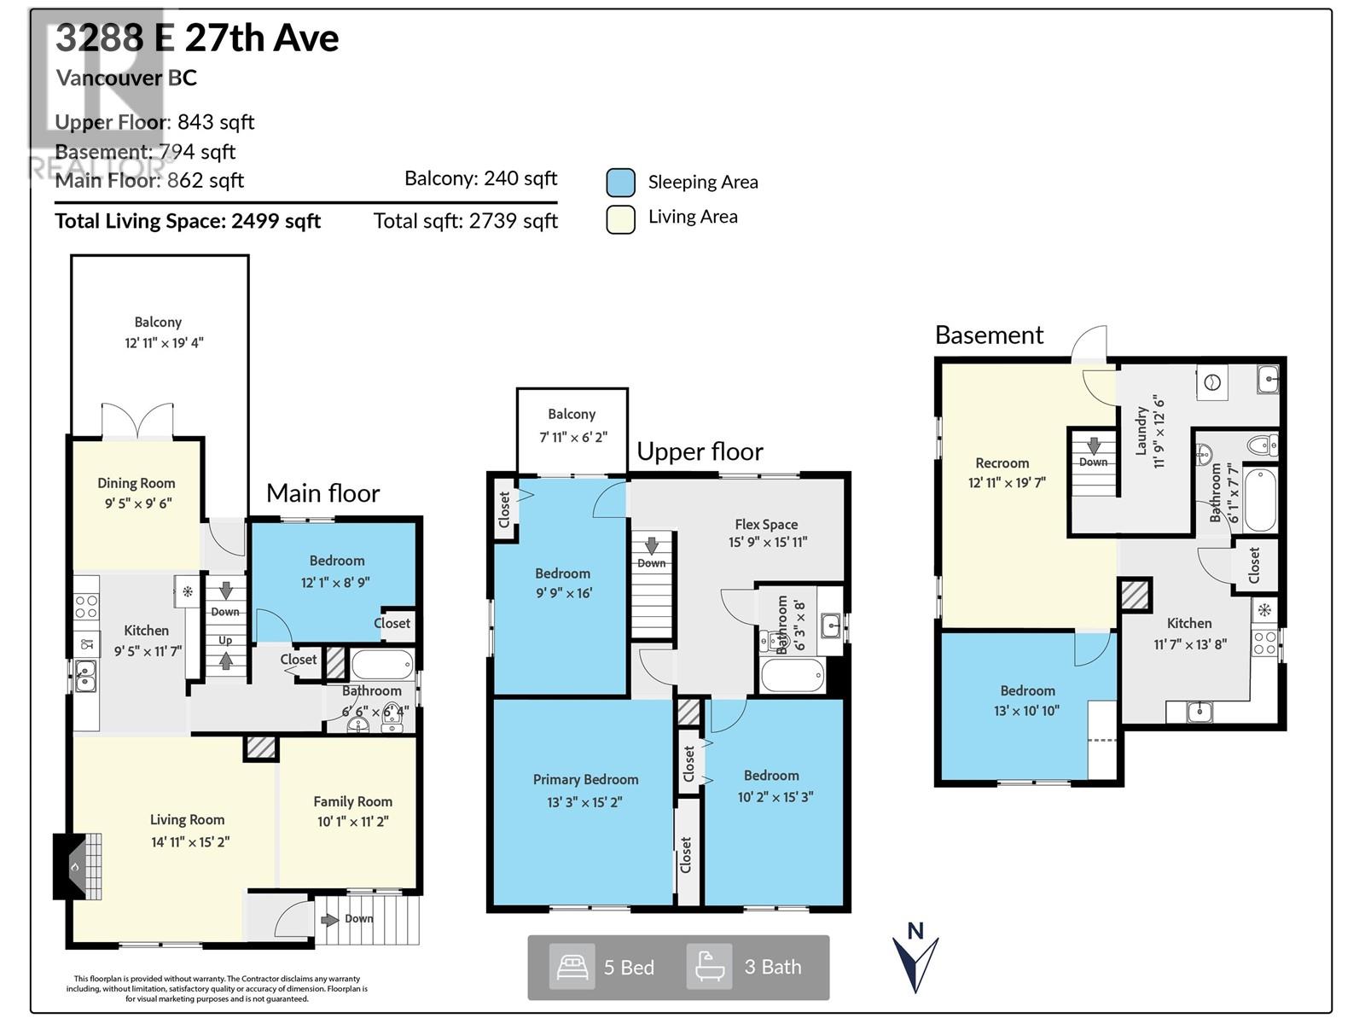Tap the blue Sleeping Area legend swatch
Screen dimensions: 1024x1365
pyautogui.click(x=620, y=183)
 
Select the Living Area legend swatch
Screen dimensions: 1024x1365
pyautogui.click(x=620, y=218)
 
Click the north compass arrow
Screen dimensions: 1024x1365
pyautogui.click(x=915, y=960)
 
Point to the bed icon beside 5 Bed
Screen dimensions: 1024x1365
pyautogui.click(x=572, y=967)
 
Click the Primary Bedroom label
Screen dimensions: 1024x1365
pyautogui.click(x=585, y=780)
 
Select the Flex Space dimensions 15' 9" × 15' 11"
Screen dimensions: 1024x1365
pyautogui.click(x=768, y=542)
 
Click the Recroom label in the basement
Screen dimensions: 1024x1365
pyautogui.click(x=1002, y=463)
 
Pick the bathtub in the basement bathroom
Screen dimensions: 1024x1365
pyautogui.click(x=1259, y=499)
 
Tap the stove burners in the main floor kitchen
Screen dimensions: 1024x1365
pyautogui.click(x=86, y=607)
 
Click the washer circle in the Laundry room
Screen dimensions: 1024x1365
pyautogui.click(x=1211, y=383)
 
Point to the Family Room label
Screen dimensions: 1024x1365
pyautogui.click(x=352, y=801)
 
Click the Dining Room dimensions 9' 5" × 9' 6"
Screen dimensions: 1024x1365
pyautogui.click(x=138, y=503)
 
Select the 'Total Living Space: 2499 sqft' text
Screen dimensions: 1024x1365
pyautogui.click(x=188, y=222)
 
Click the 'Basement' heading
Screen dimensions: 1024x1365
pyautogui.click(x=989, y=335)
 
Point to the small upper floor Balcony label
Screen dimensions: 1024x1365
pyautogui.click(x=572, y=414)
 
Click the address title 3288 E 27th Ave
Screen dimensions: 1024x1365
pyautogui.click(x=197, y=38)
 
